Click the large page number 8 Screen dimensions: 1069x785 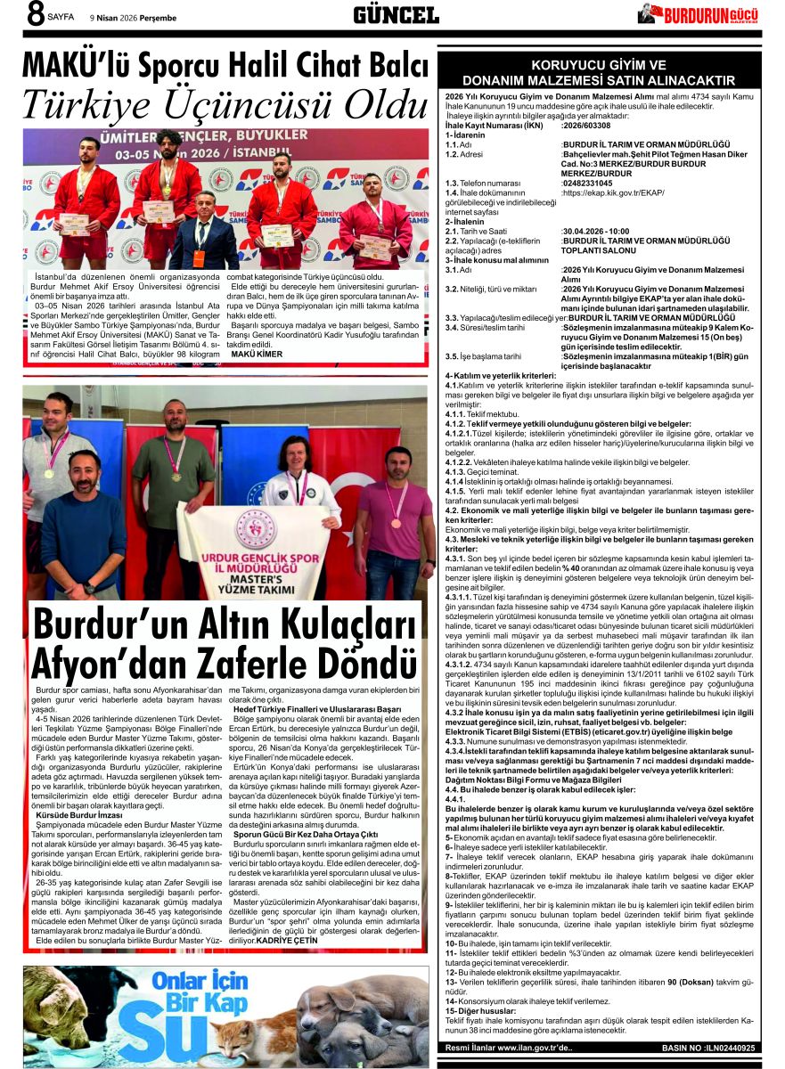(37, 15)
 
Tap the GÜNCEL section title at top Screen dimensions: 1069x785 (396, 14)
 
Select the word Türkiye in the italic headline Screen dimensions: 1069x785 (92, 106)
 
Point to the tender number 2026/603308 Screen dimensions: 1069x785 (593, 126)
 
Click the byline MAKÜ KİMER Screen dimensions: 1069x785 (257, 354)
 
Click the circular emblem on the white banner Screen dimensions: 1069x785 (256, 529)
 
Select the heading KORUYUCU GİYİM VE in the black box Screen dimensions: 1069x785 (598, 66)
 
